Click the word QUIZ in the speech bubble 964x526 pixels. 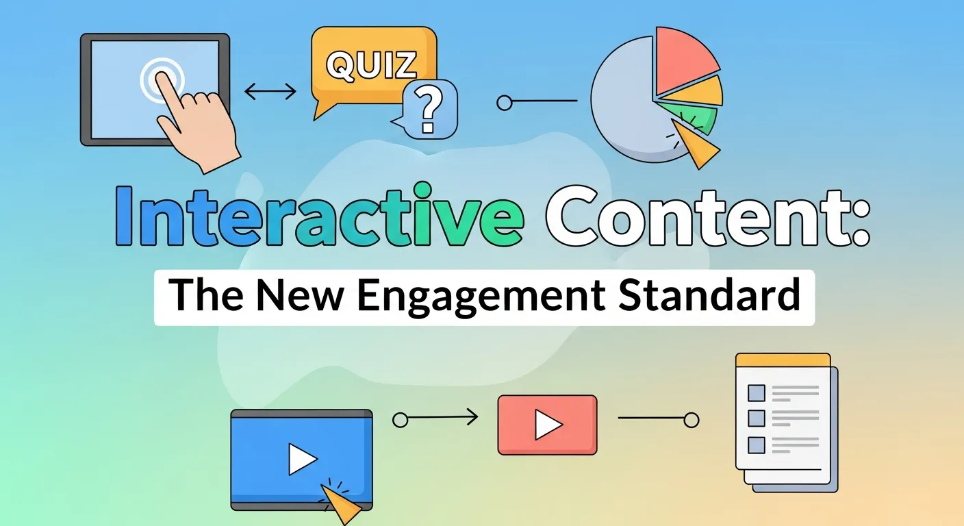coord(372,66)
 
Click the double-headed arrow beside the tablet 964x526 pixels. coord(270,91)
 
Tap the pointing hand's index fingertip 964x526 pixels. coord(160,77)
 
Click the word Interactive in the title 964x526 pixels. coord(319,215)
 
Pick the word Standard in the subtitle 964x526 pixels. coord(709,295)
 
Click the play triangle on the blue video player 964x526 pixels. coord(301,460)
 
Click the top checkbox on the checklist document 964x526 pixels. coord(756,393)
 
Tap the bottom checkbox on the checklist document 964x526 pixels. coord(756,445)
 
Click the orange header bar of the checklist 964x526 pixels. coord(783,360)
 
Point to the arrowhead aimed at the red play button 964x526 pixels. coord(472,416)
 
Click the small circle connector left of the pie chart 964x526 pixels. coord(505,103)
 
